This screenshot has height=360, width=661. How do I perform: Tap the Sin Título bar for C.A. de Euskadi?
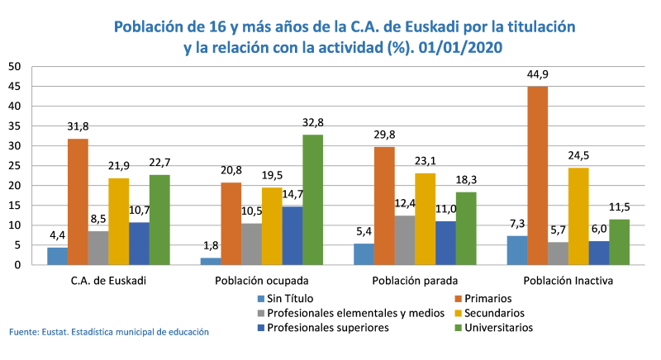click(x=57, y=256)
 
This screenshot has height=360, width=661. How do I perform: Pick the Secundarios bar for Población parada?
click(x=426, y=219)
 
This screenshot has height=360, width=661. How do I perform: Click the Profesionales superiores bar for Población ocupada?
click(x=292, y=235)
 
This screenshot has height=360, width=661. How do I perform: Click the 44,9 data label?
click(x=538, y=76)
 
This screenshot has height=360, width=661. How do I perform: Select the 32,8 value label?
click(x=312, y=124)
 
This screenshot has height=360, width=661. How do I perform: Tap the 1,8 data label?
click(x=212, y=246)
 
